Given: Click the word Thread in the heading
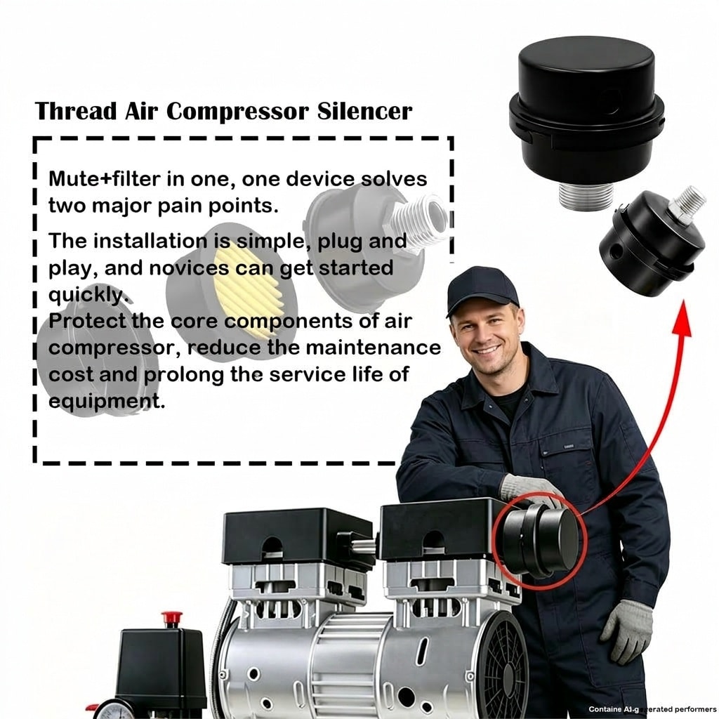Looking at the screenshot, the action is coord(76,111).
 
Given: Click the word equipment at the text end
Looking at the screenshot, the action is coord(107,402).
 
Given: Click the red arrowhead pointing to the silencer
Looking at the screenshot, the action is coord(682,318).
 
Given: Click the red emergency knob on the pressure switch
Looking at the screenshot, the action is coord(171,618).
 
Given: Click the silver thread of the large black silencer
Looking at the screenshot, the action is coord(586,196).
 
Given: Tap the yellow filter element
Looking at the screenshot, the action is coord(248,287).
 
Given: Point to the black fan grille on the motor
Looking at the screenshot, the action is coord(503,666).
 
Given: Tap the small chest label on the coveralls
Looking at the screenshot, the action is coord(569,446).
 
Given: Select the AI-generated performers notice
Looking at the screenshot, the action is coord(652,709).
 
